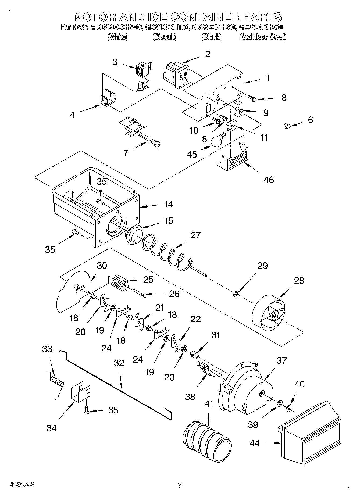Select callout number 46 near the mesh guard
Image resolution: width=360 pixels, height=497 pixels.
(x=269, y=180)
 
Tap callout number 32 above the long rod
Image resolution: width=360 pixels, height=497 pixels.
(x=119, y=363)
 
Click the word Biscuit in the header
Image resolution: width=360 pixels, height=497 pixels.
(x=164, y=37)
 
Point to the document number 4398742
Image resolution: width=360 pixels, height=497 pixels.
(x=22, y=485)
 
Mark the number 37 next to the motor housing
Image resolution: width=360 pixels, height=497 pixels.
(x=281, y=360)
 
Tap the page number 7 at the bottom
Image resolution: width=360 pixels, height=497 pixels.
(x=179, y=485)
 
